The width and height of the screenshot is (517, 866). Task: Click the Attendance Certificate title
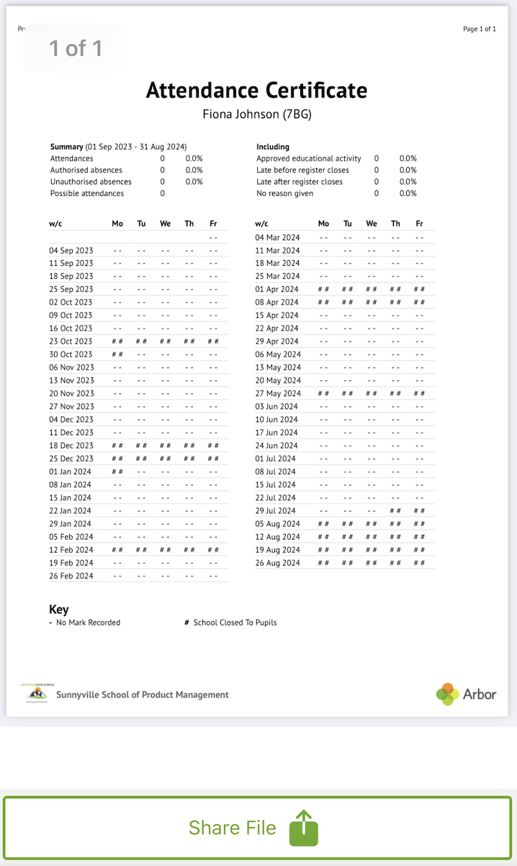pos(256,91)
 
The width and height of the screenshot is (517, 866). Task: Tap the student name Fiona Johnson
pos(256,114)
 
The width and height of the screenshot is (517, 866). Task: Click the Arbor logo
pos(466,694)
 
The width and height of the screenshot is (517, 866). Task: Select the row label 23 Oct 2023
pos(71,342)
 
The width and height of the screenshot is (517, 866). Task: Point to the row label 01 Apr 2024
pos(277,290)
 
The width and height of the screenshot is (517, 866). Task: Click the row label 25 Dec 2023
pos(71,459)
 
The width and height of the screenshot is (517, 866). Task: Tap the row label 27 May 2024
pos(278,394)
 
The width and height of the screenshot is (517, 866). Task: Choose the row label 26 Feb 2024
pos(71,576)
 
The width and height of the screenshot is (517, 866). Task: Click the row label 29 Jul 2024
pos(277,511)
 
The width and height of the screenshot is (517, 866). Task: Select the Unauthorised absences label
pos(91,182)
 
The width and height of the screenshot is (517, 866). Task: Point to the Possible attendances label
pos(87,193)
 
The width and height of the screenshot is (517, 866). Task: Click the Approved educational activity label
pos(309,159)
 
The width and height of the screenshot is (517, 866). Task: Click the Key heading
pos(59,610)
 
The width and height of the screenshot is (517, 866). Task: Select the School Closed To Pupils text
pos(235,622)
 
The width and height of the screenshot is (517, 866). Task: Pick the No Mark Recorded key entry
pos(88,622)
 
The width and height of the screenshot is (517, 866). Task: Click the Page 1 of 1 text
pos(480,29)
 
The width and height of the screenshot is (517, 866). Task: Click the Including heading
pos(273,147)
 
